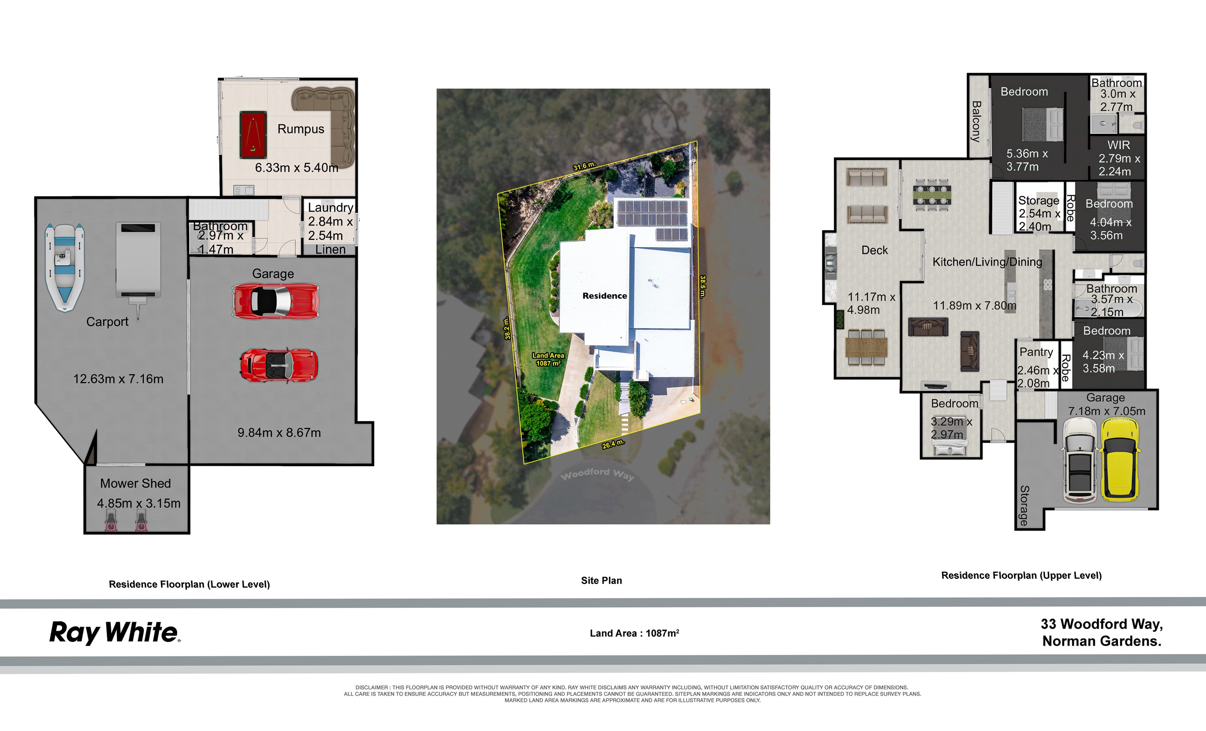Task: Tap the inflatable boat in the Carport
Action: [x=64, y=267]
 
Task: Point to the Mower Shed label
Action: [x=135, y=483]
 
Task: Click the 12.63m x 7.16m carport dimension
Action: [x=118, y=378]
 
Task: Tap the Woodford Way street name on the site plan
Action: [x=597, y=474]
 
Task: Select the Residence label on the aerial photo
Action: [x=604, y=295]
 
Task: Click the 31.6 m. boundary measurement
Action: [x=584, y=166]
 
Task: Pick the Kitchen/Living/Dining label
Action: [x=987, y=262]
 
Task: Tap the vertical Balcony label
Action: [x=976, y=122]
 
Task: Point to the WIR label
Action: [x=1119, y=145]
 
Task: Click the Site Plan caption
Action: [x=601, y=580]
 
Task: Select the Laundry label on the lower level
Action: [x=330, y=207]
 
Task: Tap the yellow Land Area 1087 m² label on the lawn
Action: [x=548, y=359]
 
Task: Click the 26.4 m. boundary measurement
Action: [x=613, y=444]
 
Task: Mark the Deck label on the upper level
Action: [x=874, y=250]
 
